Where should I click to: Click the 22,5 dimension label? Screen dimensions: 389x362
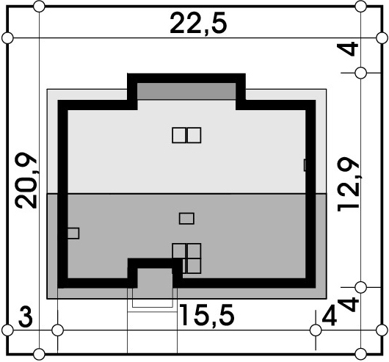click(x=198, y=24)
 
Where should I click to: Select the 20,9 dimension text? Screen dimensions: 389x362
click(x=26, y=181)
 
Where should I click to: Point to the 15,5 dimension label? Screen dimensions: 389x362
click(x=207, y=315)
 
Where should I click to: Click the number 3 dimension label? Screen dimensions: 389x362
click(x=25, y=319)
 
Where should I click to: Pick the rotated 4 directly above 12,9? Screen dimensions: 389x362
click(x=348, y=48)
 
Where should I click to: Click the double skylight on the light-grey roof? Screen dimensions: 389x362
click(x=186, y=135)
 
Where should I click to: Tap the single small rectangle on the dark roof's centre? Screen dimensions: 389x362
click(x=186, y=219)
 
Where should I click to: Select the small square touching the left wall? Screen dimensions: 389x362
click(x=73, y=234)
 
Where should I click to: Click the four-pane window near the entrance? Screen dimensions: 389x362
click(x=187, y=258)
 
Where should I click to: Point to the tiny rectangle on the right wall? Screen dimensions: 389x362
click(x=305, y=165)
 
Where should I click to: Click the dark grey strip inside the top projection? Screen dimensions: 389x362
click(x=186, y=91)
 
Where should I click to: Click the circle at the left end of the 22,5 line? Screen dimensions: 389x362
click(x=7, y=38)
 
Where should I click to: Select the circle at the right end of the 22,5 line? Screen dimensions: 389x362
click(x=382, y=38)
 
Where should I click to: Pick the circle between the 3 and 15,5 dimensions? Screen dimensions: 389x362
click(x=57, y=330)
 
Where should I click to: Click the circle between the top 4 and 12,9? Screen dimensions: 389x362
click(x=360, y=73)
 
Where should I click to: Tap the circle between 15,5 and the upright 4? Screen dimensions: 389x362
click(x=316, y=330)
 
